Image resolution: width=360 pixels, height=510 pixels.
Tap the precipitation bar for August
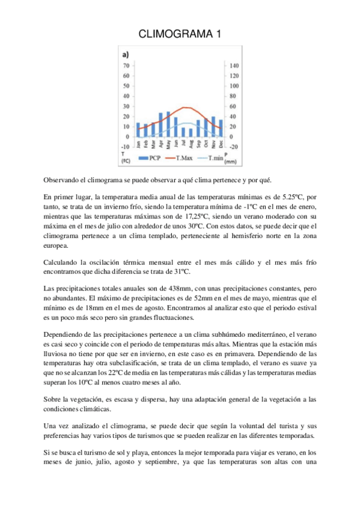tap(191, 132)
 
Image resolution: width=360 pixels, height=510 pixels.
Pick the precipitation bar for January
tap(138, 130)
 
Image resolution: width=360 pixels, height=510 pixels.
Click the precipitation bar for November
tap(213, 127)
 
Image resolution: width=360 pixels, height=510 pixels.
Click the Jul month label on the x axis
tap(183, 144)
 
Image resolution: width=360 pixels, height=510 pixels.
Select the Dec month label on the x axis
tap(221, 144)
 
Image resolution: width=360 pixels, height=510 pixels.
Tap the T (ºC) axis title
tap(126, 158)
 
